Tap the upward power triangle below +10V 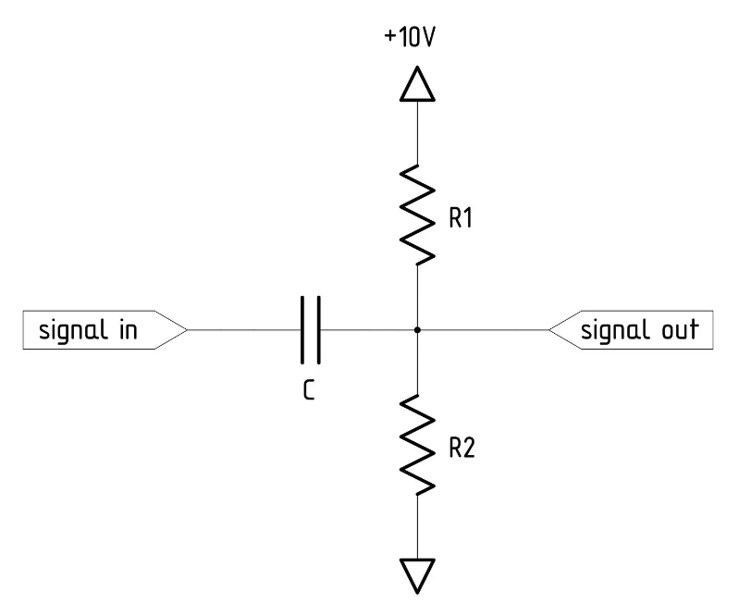pos(418,86)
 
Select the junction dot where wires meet pos(418,329)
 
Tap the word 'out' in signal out pos(678,329)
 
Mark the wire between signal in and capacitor pos(245,329)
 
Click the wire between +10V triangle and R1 pos(418,134)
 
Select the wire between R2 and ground pos(418,527)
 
